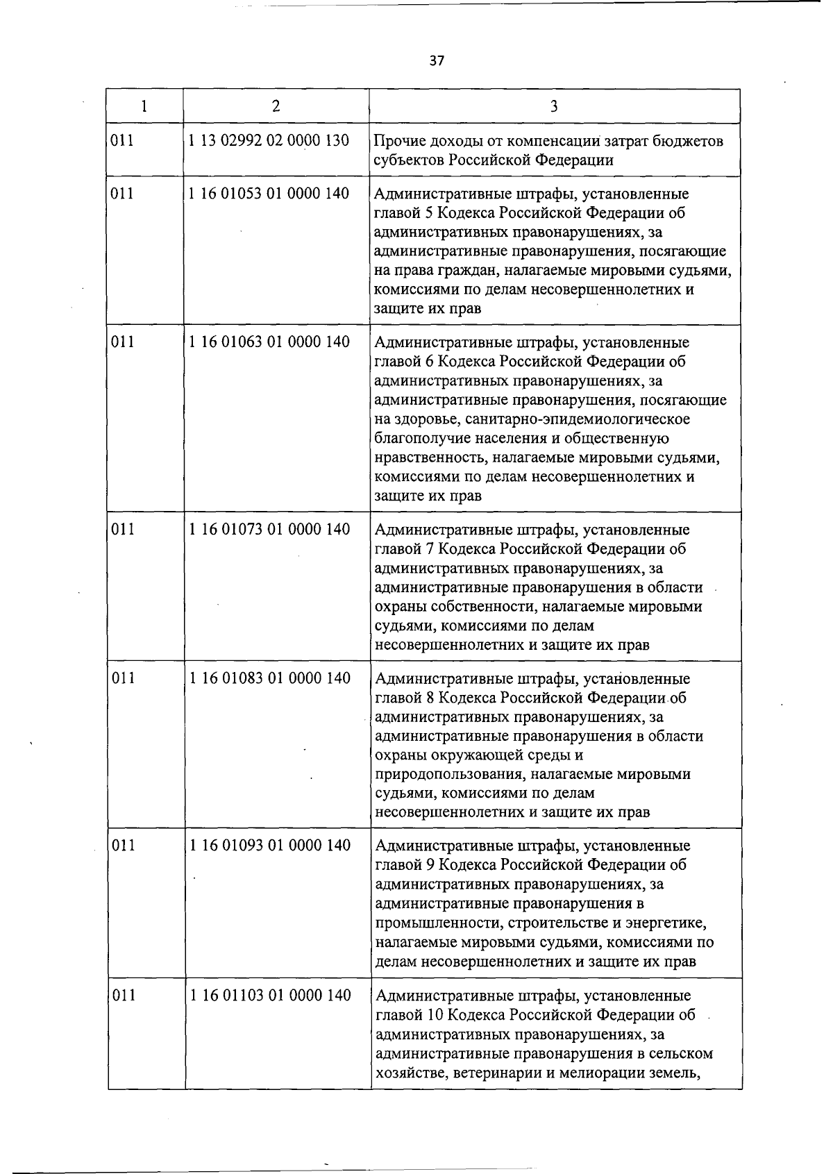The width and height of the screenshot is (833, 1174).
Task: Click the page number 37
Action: point(436,60)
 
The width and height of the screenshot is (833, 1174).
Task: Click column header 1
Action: point(144,106)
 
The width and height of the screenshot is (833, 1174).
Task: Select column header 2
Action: point(276,106)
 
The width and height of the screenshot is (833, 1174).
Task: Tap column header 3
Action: point(553,106)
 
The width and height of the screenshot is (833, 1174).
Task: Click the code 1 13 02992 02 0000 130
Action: point(269,140)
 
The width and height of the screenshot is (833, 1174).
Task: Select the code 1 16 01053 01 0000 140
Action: point(269,193)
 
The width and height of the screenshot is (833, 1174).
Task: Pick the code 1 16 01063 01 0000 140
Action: point(269,342)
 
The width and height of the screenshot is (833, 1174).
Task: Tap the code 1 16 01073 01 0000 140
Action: point(269,529)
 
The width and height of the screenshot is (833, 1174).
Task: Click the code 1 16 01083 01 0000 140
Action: point(269,678)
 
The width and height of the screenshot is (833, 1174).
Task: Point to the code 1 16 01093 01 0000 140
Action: point(270,845)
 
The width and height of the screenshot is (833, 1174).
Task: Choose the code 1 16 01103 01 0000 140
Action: point(270,995)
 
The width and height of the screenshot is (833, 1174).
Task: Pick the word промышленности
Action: point(439,923)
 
